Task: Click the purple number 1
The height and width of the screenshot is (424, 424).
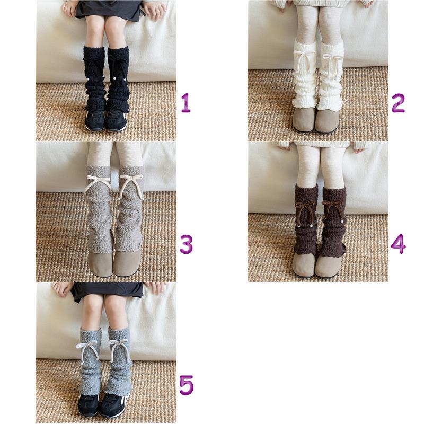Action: click(x=186, y=103)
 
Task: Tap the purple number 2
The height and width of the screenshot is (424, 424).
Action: click(x=398, y=103)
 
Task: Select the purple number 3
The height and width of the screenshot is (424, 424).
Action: click(x=187, y=244)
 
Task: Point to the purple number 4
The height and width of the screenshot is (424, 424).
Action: click(x=398, y=244)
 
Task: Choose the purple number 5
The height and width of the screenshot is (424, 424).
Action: click(x=187, y=385)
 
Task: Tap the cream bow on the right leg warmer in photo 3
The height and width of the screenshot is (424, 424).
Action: click(x=131, y=182)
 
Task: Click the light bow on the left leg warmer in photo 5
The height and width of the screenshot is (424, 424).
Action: click(x=86, y=349)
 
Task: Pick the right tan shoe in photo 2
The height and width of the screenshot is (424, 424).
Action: click(x=328, y=121)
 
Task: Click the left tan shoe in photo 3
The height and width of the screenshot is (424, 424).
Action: click(x=101, y=264)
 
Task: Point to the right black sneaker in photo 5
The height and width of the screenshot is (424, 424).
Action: click(x=114, y=405)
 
